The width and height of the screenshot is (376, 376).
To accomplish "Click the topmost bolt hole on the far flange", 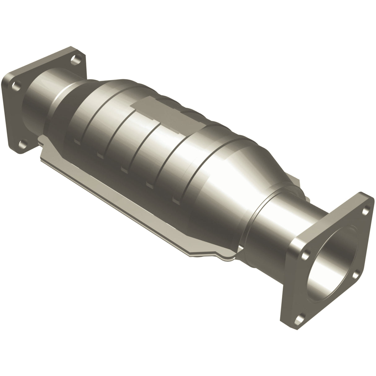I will pyautogui.click(x=74, y=59).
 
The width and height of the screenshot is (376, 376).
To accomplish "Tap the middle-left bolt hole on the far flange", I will pyautogui.click(x=14, y=85).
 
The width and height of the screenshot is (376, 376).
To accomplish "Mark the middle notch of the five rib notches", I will pyautogui.click(x=125, y=169).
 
